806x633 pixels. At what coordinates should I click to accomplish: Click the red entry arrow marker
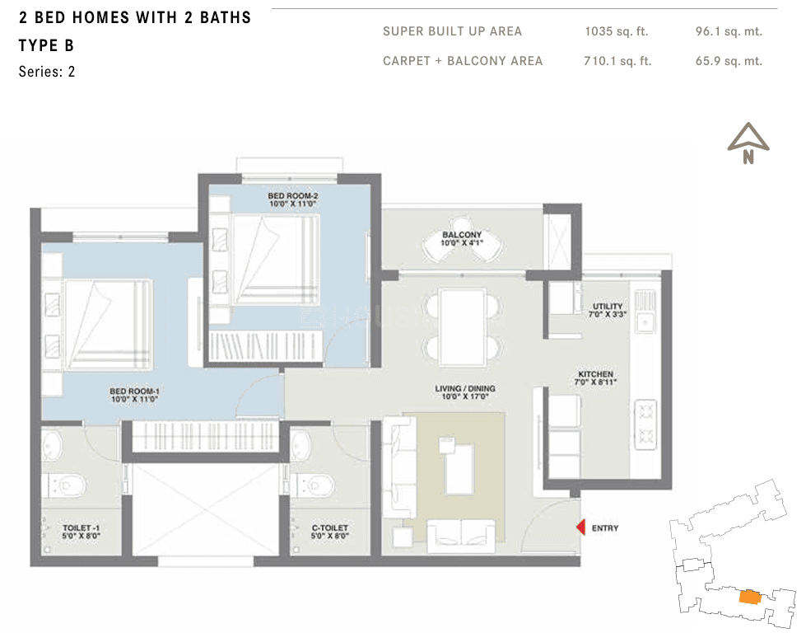tap(581, 527)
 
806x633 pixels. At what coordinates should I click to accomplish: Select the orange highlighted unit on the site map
tap(749, 597)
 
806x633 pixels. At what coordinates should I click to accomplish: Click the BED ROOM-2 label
tap(292, 199)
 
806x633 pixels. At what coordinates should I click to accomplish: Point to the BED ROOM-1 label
tap(134, 395)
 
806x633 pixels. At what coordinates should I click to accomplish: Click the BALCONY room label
tap(462, 238)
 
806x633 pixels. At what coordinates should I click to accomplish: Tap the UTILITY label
tap(607, 310)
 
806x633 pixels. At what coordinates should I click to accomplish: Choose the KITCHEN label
tap(595, 377)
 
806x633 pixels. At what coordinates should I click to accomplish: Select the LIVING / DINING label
tap(464, 392)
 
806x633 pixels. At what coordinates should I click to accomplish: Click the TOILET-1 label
tap(81, 532)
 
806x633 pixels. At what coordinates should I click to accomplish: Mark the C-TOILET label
tap(329, 532)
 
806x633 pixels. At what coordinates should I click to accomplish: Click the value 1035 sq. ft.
tap(616, 31)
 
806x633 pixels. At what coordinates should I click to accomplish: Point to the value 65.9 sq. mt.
tap(729, 61)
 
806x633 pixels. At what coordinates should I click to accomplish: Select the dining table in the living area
tap(463, 326)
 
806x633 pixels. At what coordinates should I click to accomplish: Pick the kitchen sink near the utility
tap(644, 310)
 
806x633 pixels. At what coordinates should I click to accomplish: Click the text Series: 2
tap(47, 72)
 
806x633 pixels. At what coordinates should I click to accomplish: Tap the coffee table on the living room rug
tap(459, 467)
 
